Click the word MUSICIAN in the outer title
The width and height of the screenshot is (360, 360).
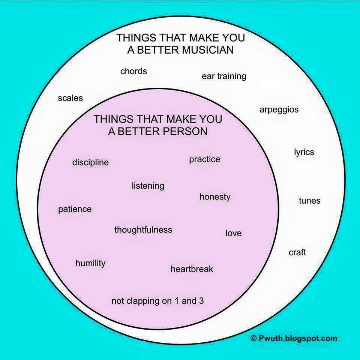pyautogui.click(x=208, y=50)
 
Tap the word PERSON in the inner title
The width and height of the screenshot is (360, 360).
pyautogui.click(x=185, y=131)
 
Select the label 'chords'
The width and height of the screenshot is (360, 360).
pyautogui.click(x=133, y=71)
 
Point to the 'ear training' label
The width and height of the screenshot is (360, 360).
pyautogui.click(x=224, y=76)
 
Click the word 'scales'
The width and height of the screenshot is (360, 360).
pyautogui.click(x=70, y=98)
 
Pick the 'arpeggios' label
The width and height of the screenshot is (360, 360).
pyautogui.click(x=279, y=110)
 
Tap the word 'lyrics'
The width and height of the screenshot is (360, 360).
pyautogui.click(x=304, y=152)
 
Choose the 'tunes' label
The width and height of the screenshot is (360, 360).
pyautogui.click(x=309, y=201)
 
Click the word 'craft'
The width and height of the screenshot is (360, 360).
pyautogui.click(x=297, y=252)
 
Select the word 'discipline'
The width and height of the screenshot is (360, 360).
pyautogui.click(x=90, y=162)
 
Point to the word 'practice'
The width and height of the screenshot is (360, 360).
pyautogui.click(x=205, y=160)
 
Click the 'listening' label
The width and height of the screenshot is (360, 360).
pyautogui.click(x=148, y=186)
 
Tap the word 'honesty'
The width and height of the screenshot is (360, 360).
pyautogui.click(x=215, y=197)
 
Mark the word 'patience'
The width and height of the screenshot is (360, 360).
pyautogui.click(x=75, y=209)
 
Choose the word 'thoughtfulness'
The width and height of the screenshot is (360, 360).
pyautogui.click(x=143, y=229)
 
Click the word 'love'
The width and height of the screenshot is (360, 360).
pyautogui.click(x=234, y=233)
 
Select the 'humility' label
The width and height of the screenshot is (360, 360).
pyautogui.click(x=90, y=263)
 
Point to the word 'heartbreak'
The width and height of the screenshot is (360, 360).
pyautogui.click(x=192, y=269)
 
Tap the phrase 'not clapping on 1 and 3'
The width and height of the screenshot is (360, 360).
pyautogui.click(x=157, y=301)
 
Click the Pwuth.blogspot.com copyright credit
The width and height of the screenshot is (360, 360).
pyautogui.click(x=294, y=338)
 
